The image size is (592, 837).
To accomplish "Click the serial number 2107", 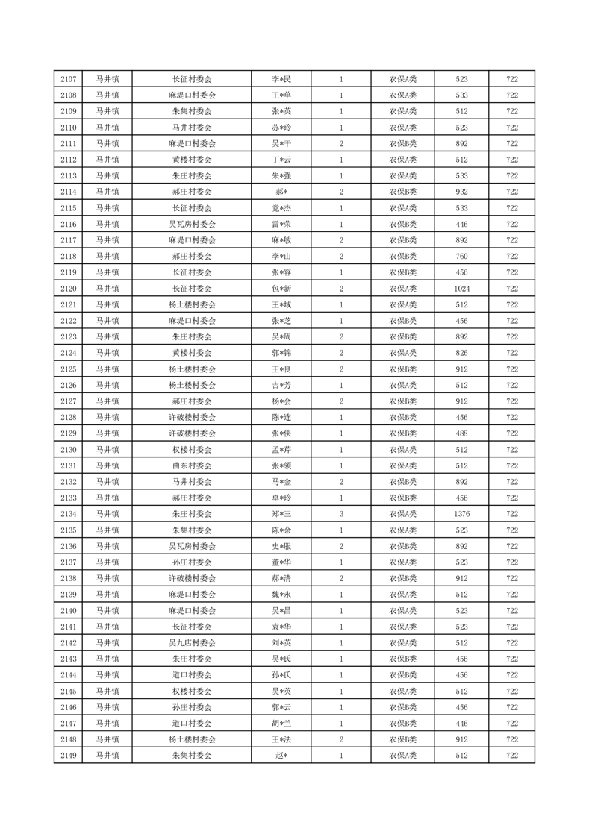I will [69, 79].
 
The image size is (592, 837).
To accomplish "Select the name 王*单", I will [281, 95].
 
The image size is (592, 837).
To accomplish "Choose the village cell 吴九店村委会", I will [192, 642].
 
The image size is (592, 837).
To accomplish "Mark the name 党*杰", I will [281, 208].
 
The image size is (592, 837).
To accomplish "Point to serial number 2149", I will [69, 756].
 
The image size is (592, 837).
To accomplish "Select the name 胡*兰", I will [281, 723].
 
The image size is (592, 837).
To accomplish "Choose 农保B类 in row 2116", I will [403, 224].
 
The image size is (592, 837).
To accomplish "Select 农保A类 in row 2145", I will [403, 691].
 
